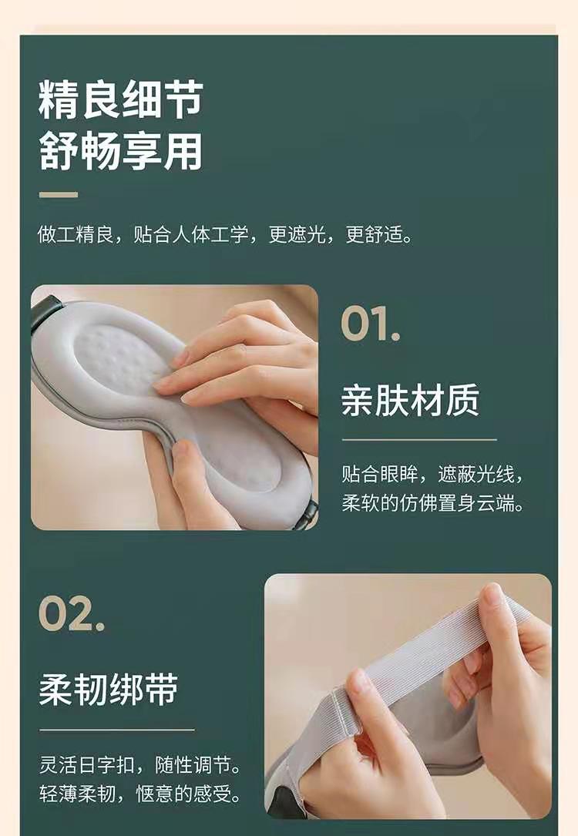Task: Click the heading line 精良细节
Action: click(120, 99)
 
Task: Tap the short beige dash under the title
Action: click(58, 195)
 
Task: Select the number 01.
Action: click(369, 324)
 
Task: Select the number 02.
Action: click(71, 613)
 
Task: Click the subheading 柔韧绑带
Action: click(108, 689)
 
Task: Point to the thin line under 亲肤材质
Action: click(419, 440)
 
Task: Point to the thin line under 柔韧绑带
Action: click(117, 730)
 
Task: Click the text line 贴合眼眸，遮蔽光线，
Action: click(432, 474)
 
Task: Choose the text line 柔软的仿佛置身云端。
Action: click(432, 503)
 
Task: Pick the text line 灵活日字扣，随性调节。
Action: click(140, 765)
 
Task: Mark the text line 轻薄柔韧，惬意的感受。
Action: click(140, 794)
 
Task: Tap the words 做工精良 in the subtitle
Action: click(76, 234)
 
